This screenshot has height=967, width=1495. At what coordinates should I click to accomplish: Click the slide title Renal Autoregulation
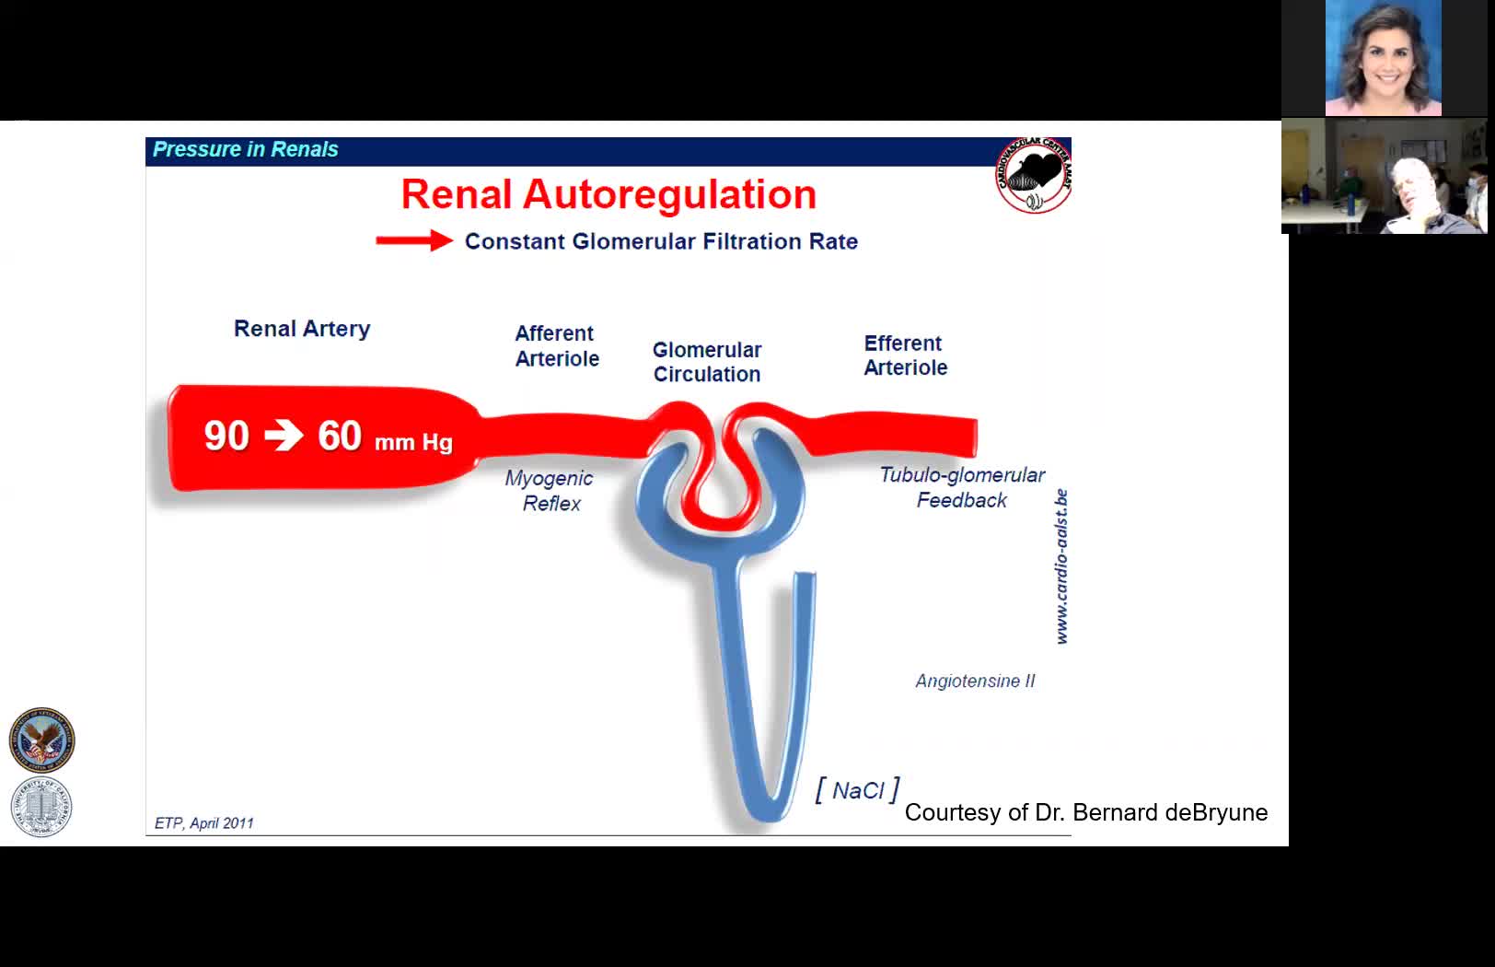[608, 194]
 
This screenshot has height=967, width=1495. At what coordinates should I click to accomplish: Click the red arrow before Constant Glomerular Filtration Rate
[414, 241]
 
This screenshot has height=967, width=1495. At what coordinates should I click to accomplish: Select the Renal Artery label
[302, 329]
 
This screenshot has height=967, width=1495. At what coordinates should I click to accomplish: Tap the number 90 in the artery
[226, 436]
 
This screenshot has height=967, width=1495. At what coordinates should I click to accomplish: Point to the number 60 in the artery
[340, 436]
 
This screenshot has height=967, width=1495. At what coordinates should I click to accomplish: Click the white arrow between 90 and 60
[284, 436]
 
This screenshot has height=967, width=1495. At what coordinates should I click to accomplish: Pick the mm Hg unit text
[413, 442]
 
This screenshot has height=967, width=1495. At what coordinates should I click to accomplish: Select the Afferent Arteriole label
[557, 345]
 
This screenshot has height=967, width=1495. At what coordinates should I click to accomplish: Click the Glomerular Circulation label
[707, 362]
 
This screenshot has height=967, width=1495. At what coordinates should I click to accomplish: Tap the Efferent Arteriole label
[905, 355]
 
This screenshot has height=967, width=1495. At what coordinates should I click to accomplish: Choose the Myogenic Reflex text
[550, 490]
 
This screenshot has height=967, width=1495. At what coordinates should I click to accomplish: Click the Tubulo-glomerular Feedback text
[962, 487]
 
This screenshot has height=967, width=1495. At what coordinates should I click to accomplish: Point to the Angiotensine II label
[975, 681]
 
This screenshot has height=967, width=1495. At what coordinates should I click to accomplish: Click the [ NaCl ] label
[857, 790]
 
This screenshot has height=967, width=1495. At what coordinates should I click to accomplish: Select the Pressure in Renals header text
[246, 149]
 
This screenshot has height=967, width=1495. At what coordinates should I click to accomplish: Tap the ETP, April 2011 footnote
[203, 823]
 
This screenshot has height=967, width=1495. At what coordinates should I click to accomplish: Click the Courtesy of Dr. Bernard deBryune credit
[1086, 812]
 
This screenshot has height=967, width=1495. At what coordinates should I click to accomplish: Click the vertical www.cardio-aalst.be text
[1061, 566]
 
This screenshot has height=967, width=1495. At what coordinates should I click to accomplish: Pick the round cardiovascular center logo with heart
[1034, 175]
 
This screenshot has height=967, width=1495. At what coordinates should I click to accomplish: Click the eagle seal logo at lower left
[41, 740]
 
